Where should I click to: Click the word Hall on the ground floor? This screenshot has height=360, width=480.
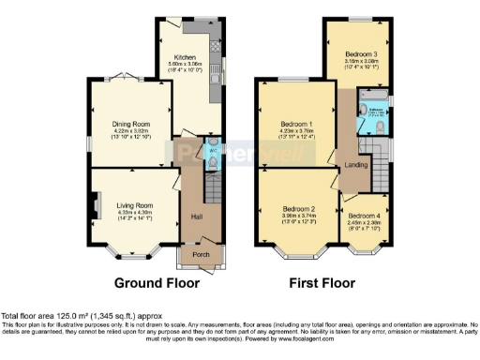[x=197, y=217]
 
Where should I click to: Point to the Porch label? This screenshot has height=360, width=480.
[x=201, y=254]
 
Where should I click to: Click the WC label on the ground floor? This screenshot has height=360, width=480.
[x=211, y=148]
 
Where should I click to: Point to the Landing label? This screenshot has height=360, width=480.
[x=356, y=165]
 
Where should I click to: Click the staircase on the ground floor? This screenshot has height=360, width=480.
[x=213, y=192]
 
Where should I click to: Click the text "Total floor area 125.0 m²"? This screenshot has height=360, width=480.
[x=47, y=318]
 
